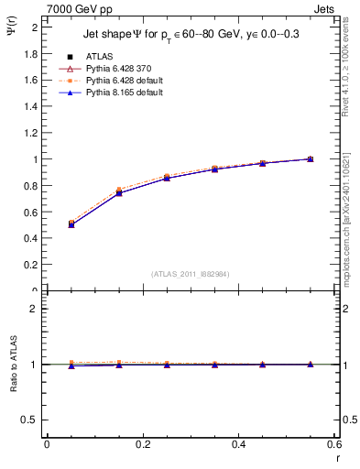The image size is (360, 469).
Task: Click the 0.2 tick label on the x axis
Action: point(143,445)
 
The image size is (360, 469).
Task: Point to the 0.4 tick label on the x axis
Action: point(238,445)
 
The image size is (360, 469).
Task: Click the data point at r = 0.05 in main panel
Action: point(71,224)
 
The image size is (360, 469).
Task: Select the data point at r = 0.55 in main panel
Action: point(310,159)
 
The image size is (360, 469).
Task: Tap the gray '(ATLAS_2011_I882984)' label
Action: point(191,274)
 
